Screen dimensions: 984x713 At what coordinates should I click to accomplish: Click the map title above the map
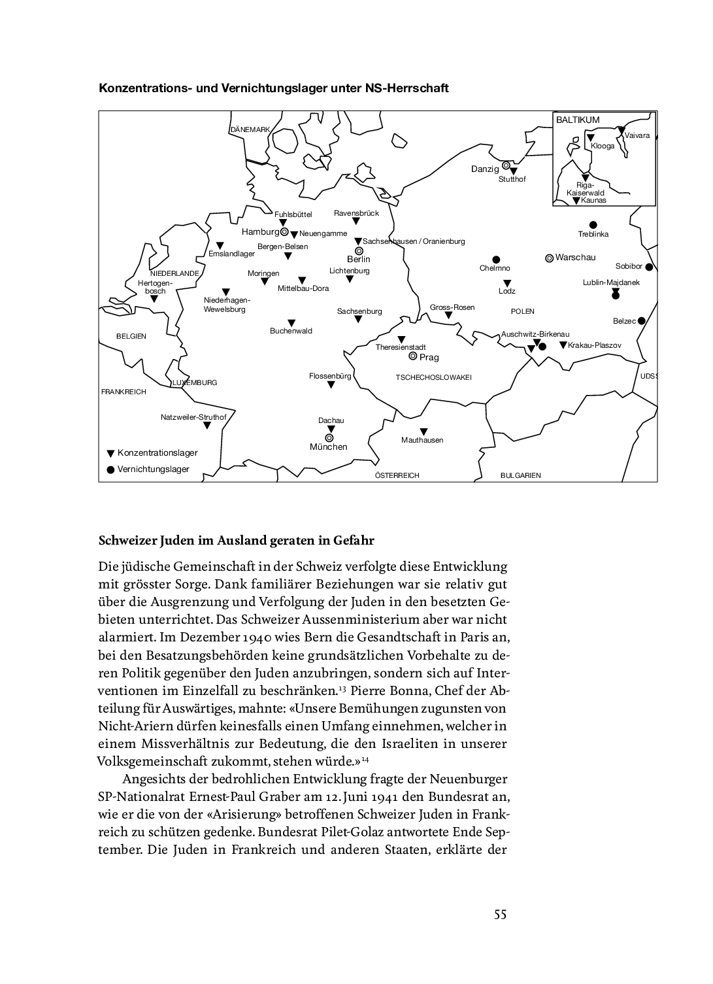point(273,88)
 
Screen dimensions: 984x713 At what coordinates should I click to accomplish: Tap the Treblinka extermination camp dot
point(593,224)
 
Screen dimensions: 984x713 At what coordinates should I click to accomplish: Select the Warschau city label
point(575,258)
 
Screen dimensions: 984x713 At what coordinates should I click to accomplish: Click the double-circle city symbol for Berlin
point(358,250)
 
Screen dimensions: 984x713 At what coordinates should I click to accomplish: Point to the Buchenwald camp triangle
point(291,322)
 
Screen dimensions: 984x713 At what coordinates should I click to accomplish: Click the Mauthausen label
point(422,440)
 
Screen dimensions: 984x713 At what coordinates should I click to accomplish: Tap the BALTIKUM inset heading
point(578,120)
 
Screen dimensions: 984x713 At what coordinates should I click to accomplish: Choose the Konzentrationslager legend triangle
point(110,453)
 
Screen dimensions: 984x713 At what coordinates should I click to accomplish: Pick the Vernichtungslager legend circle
point(110,469)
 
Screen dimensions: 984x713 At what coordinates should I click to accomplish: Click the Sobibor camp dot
point(649,267)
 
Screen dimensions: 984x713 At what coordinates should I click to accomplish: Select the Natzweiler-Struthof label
point(193,417)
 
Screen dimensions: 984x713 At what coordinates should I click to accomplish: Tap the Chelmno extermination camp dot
point(496,260)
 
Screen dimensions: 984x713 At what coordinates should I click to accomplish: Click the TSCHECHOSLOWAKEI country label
point(433,377)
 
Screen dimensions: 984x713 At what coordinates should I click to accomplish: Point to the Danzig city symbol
point(506,165)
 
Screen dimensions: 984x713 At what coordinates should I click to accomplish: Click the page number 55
point(500,914)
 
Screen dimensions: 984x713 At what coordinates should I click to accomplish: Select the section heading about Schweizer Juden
point(236,541)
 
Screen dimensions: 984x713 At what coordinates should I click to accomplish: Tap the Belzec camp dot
point(642,320)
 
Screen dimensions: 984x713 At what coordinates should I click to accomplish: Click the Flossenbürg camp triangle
point(331,385)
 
